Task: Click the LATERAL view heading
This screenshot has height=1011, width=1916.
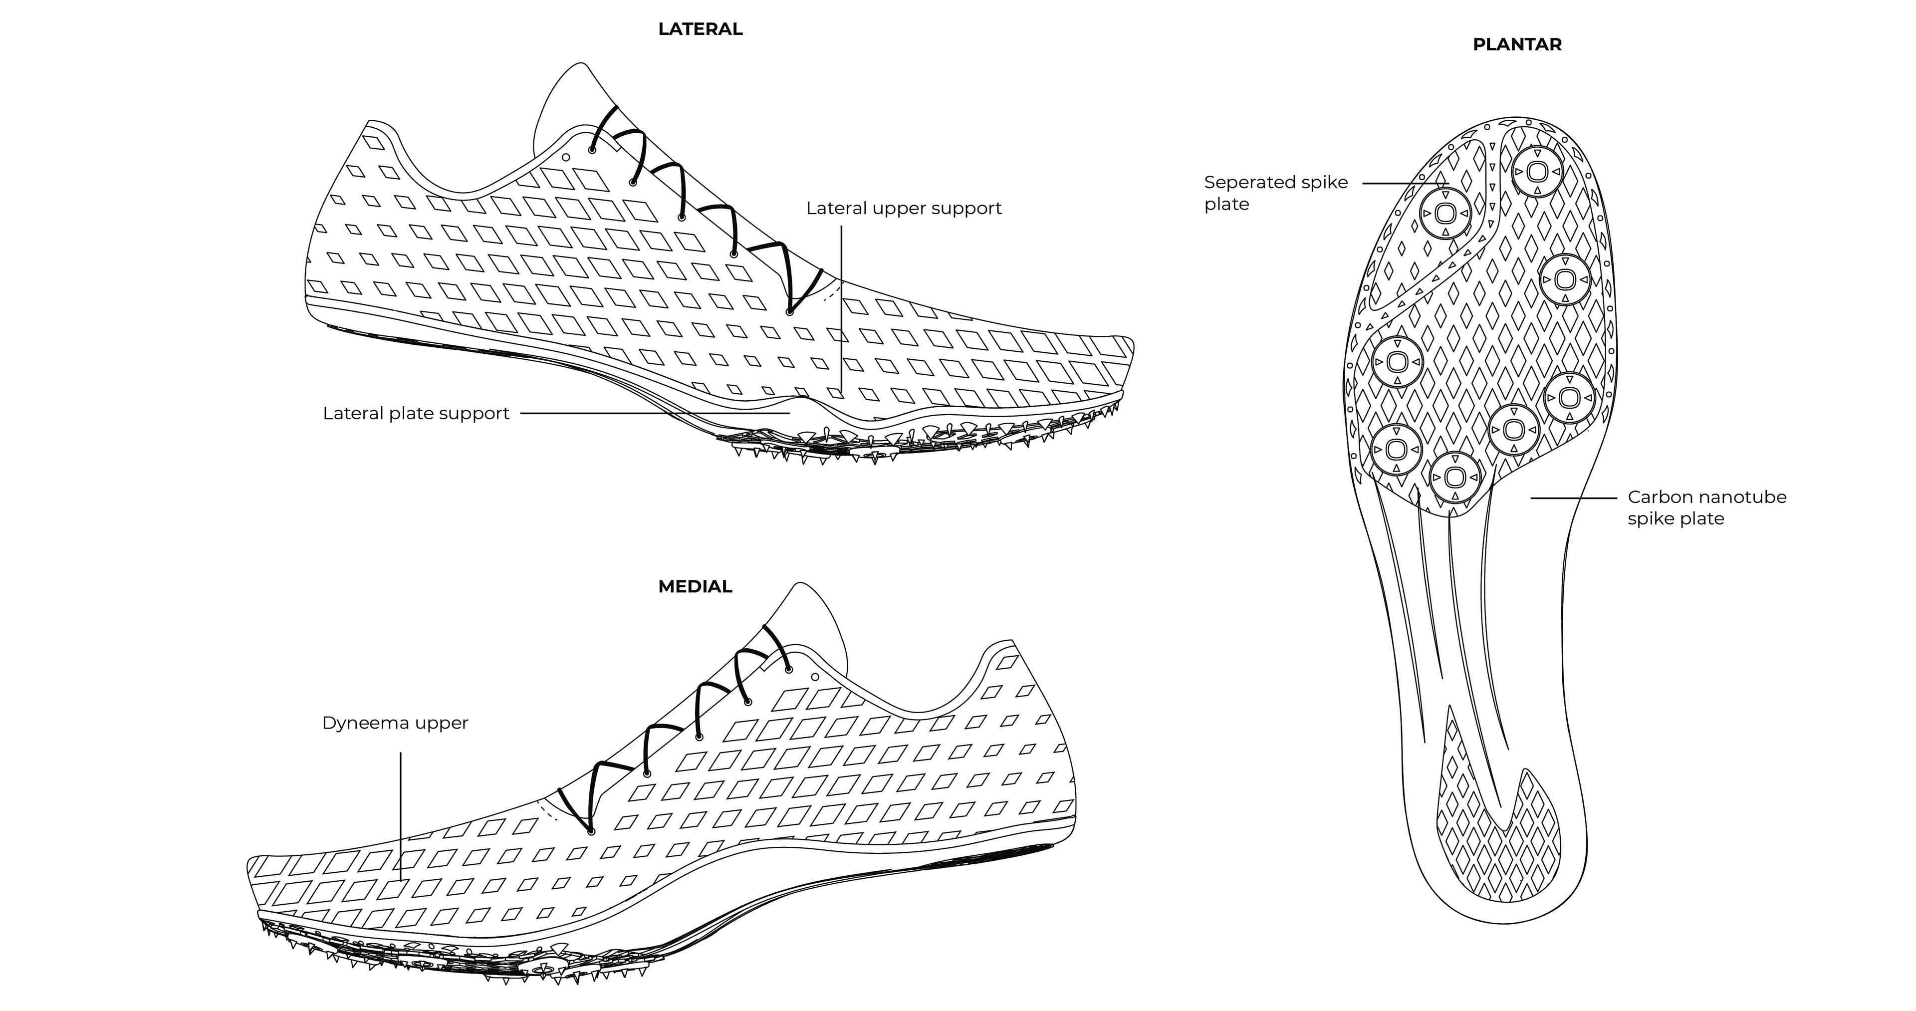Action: [700, 29]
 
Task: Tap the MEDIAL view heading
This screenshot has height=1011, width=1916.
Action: [695, 586]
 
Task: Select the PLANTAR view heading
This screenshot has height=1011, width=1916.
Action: [1517, 44]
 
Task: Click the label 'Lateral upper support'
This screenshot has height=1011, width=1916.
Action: [904, 208]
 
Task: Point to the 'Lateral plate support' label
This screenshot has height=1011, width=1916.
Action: [416, 414]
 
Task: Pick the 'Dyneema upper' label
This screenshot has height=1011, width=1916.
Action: [395, 723]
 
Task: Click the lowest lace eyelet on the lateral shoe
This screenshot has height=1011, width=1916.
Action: [789, 311]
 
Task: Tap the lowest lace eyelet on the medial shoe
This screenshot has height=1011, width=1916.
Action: [591, 831]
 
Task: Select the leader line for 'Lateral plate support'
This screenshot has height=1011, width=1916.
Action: [655, 414]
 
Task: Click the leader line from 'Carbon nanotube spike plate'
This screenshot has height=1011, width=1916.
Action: [1573, 497]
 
